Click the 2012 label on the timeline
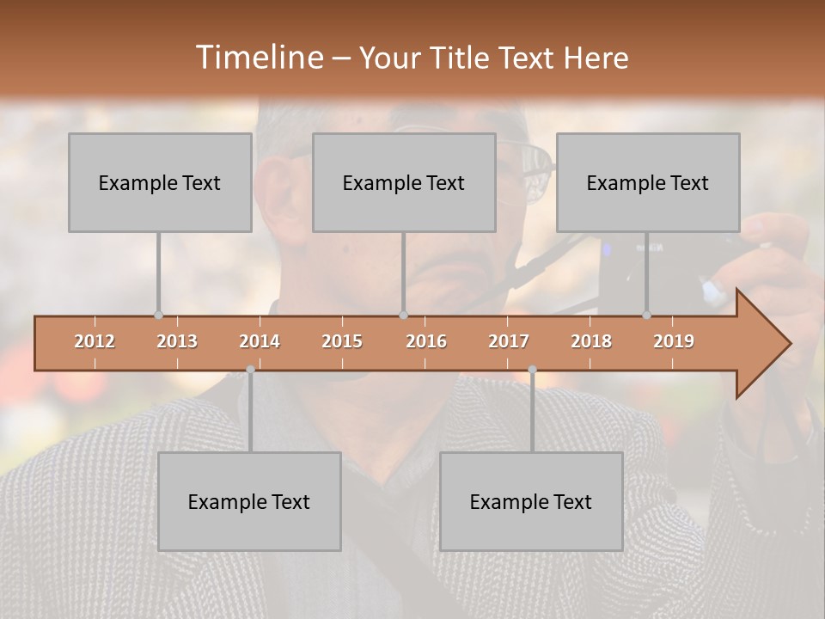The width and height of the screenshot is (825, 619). pos(95,341)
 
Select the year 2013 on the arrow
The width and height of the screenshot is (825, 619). pos(177,341)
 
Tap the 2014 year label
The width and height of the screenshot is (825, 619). pos(260,341)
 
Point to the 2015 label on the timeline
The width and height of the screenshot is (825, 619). pos(342,341)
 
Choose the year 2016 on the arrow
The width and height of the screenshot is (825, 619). pos(426,341)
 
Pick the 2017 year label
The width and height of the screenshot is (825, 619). pos(509,341)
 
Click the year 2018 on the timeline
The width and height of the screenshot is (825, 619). pos(591,341)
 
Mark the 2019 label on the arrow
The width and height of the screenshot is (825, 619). pos(674,341)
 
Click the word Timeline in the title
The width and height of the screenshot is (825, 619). pos(258,58)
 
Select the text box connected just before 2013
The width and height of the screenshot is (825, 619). pos(160,182)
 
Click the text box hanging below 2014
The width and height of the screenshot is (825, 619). pos(249,501)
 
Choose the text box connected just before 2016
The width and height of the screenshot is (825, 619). pos(404,182)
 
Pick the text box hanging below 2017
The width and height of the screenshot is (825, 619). pos(531,501)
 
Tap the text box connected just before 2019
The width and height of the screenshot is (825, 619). pos(648,182)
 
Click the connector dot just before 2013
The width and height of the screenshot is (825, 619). pos(158,315)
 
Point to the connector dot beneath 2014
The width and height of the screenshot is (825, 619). pos(250,370)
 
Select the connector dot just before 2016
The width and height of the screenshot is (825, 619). pos(403,315)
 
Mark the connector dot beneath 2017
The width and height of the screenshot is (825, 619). pos(532,370)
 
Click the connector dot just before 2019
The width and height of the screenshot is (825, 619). pos(646,315)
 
